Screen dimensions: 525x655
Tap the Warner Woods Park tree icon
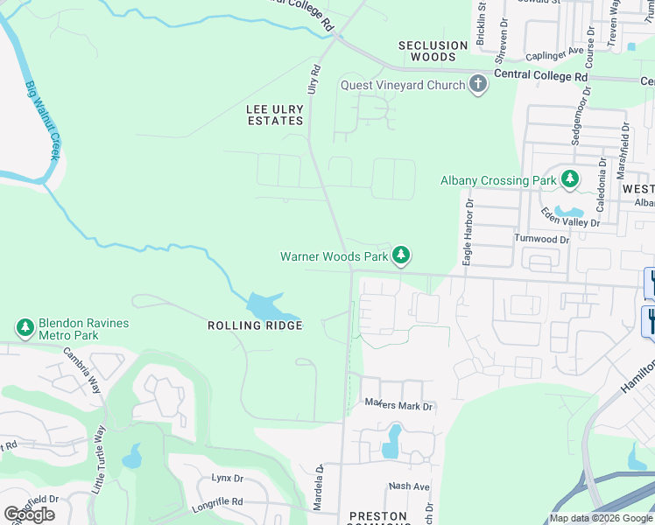[x=401, y=255]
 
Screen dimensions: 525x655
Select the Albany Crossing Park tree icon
[x=570, y=179]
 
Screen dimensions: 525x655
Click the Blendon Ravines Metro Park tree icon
[x=25, y=328]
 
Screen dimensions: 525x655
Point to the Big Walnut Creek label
[x=42, y=121]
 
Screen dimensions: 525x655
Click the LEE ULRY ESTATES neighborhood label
[x=275, y=115]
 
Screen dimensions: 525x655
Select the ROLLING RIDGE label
[x=255, y=325]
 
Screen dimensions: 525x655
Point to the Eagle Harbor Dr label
[x=468, y=232]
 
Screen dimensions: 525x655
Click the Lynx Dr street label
[x=226, y=479]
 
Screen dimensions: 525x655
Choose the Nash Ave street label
[x=410, y=486]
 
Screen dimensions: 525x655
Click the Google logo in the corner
[x=29, y=514]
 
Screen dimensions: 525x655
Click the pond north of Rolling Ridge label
[x=271, y=307]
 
